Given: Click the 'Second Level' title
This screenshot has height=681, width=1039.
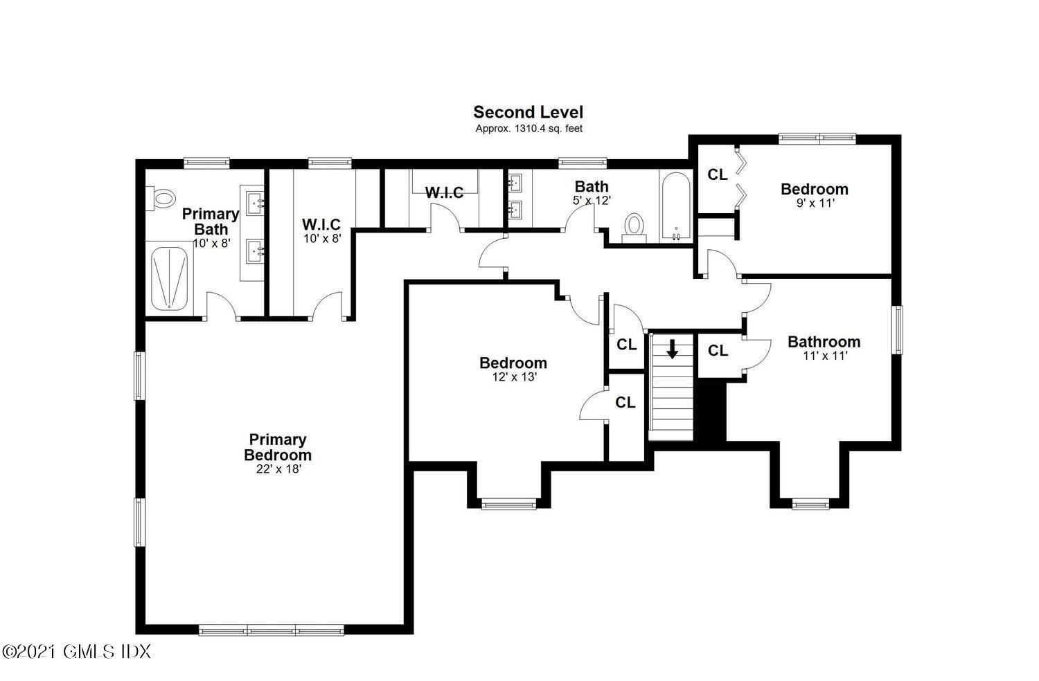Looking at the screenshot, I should pyautogui.click(x=528, y=112).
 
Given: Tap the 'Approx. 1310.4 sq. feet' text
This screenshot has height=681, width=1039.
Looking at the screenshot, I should pyautogui.click(x=528, y=129).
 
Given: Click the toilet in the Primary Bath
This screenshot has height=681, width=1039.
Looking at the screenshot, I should pyautogui.click(x=161, y=199).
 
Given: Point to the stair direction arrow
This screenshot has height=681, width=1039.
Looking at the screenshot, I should pyautogui.click(x=672, y=349).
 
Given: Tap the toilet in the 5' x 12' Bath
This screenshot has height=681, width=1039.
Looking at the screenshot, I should pyautogui.click(x=634, y=227).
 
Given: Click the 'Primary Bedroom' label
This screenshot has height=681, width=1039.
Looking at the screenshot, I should pyautogui.click(x=278, y=447).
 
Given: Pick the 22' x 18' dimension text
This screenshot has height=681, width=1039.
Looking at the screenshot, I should pyautogui.click(x=278, y=469).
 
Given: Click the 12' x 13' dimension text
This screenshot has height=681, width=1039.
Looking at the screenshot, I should pyautogui.click(x=513, y=377).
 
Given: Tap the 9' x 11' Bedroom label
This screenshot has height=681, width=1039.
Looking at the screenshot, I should pyautogui.click(x=814, y=189).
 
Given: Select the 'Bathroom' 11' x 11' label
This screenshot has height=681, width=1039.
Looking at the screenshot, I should pyautogui.click(x=824, y=342).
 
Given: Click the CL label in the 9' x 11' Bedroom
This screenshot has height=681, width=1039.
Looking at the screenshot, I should pyautogui.click(x=718, y=175).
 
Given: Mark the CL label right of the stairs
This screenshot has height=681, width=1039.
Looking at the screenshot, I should pyautogui.click(x=718, y=351).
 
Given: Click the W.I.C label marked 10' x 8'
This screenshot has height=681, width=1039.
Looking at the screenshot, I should pyautogui.click(x=321, y=225).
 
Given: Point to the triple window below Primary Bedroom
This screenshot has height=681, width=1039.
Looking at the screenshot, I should pyautogui.click(x=272, y=630).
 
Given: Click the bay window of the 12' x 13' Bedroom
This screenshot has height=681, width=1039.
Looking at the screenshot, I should pyautogui.click(x=509, y=505).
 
